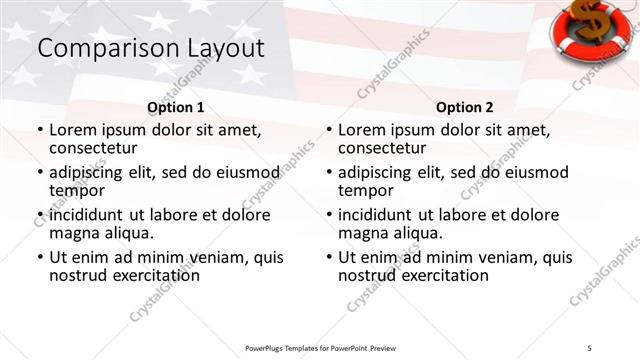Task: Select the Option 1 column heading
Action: pos(176,107)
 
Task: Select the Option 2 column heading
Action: pos(464,107)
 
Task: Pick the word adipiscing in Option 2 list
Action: pos(380,172)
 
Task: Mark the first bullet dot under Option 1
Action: pos(39,130)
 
